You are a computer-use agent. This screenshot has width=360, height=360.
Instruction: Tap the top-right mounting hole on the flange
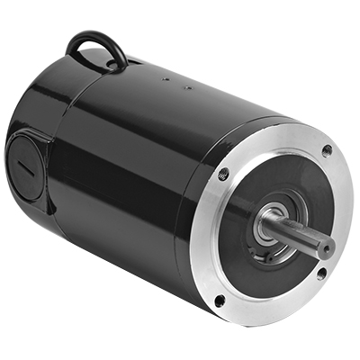(326, 151)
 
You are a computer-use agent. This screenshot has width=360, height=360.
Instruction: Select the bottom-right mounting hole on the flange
(320, 273)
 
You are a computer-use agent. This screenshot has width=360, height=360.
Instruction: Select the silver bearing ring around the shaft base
(265, 227)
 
